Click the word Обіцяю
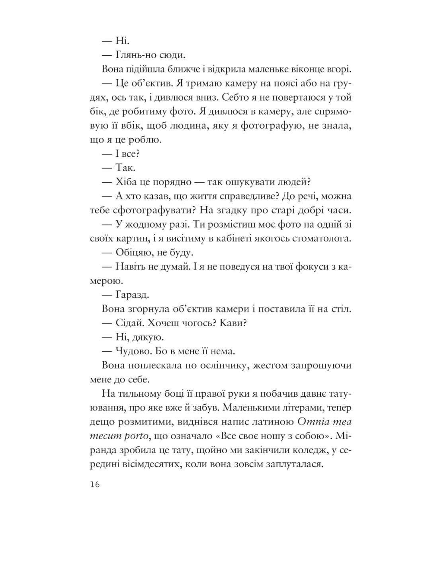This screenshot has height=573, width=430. [135, 253]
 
